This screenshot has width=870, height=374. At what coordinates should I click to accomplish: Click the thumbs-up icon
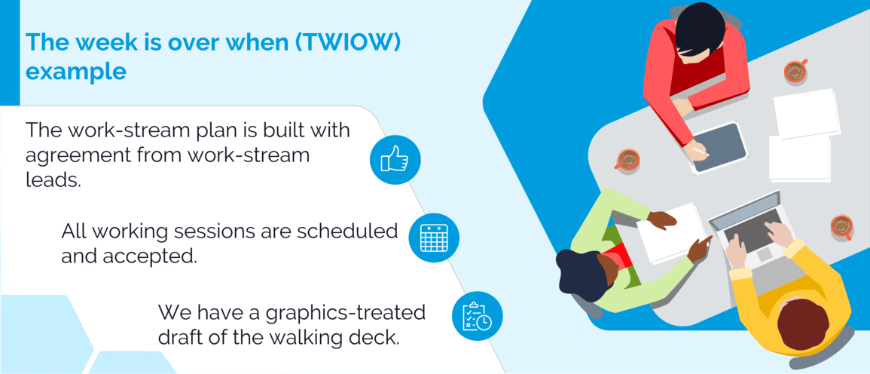(x=395, y=159)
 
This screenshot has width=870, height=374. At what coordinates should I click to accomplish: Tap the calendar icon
(x=434, y=238)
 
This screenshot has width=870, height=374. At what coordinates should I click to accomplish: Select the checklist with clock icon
(x=477, y=316)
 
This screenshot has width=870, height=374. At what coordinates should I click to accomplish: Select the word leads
(x=53, y=182)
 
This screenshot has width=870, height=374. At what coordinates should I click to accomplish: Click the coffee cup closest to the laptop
(x=841, y=225)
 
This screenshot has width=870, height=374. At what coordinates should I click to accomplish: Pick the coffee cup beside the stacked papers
(x=795, y=72)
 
